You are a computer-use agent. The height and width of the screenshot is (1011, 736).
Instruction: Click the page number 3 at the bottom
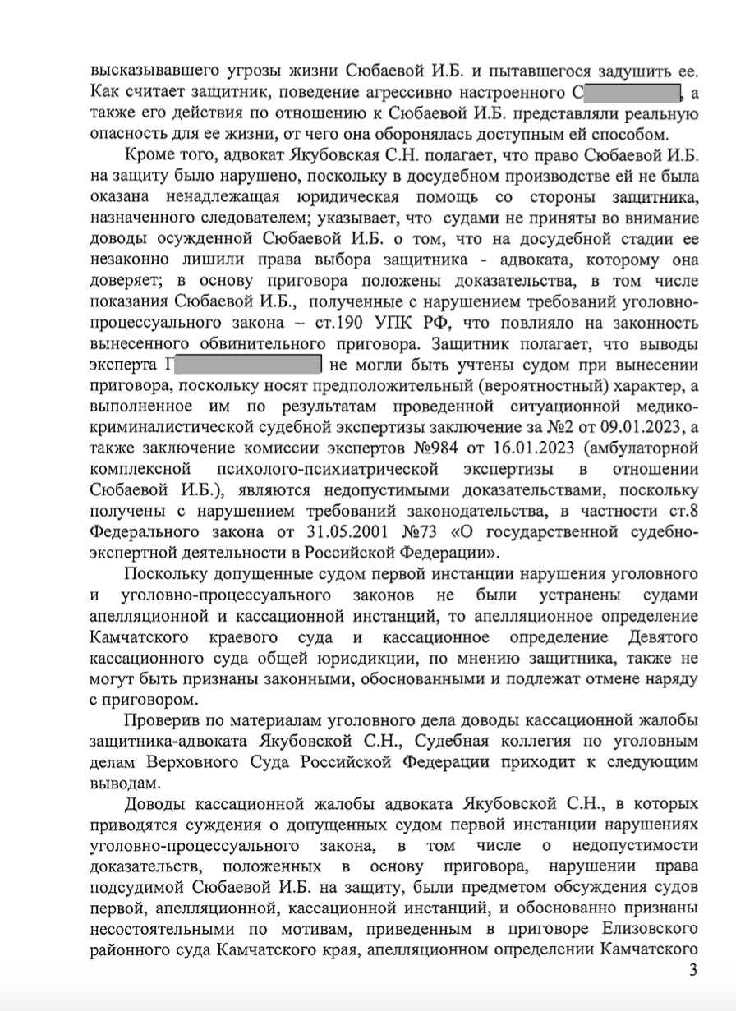click(692, 993)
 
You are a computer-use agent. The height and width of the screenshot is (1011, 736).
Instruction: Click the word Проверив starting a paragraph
click(163, 720)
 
